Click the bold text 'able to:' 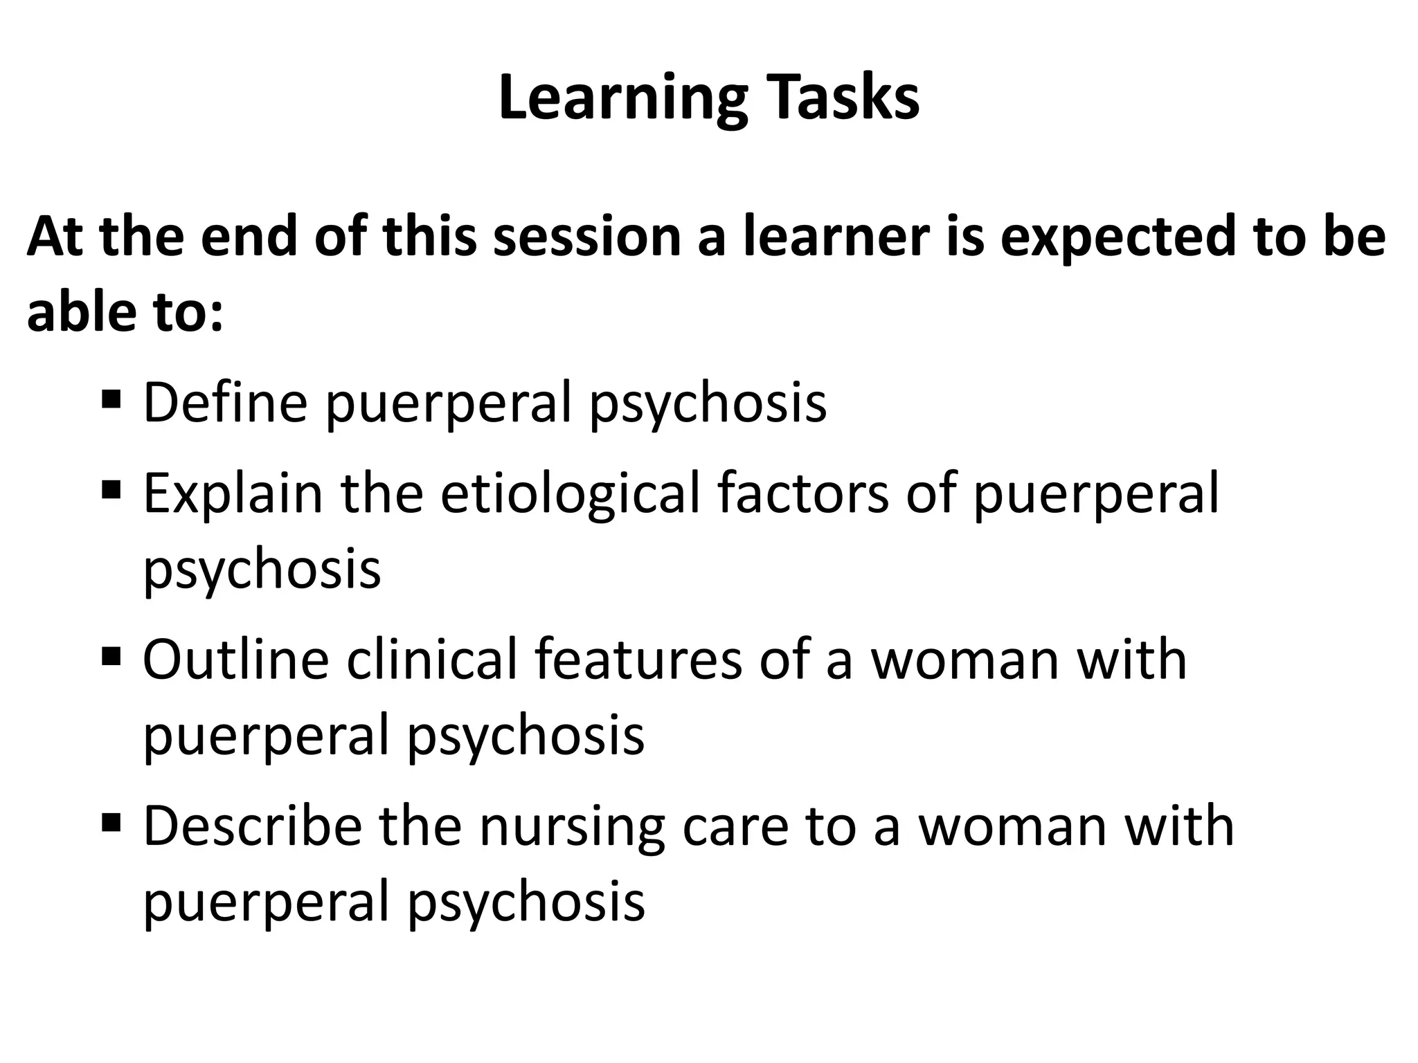tap(125, 312)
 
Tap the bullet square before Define tap(111, 399)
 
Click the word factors tap(802, 494)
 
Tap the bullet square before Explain tap(111, 491)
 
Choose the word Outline tap(235, 660)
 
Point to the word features tap(638, 660)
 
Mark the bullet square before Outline tap(111, 655)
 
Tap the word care tap(735, 828)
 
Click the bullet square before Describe tap(111, 822)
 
